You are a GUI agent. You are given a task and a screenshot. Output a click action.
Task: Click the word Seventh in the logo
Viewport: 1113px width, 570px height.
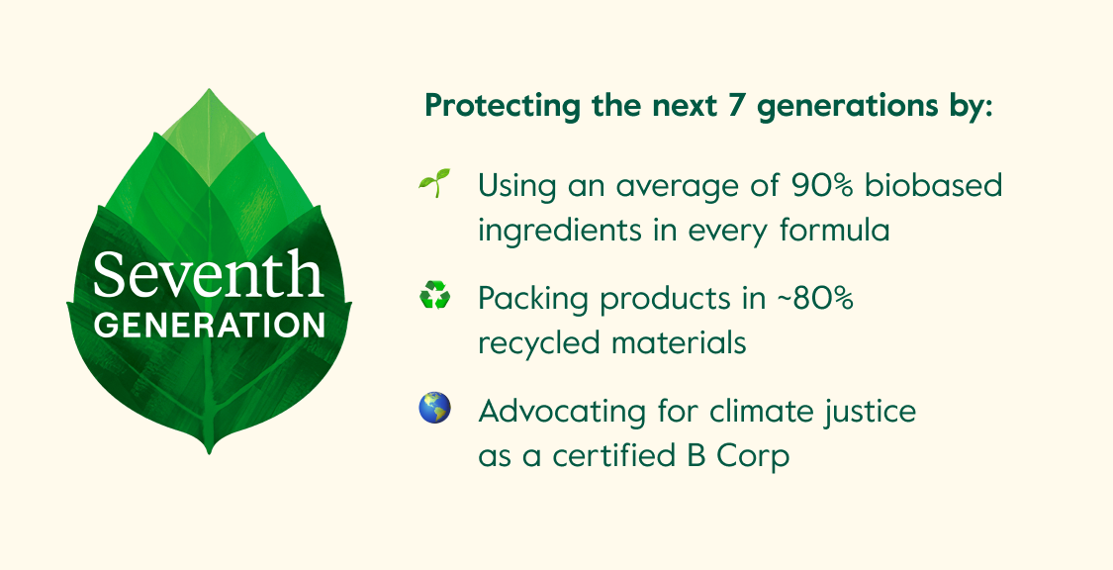click(208, 275)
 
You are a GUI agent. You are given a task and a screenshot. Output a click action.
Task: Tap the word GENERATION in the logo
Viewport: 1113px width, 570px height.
click(209, 325)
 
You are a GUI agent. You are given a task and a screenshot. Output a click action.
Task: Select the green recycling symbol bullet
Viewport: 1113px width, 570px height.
click(434, 295)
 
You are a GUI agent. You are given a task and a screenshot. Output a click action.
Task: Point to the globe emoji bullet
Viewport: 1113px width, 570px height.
click(434, 408)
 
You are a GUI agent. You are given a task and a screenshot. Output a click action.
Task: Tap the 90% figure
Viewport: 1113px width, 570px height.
click(816, 184)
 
